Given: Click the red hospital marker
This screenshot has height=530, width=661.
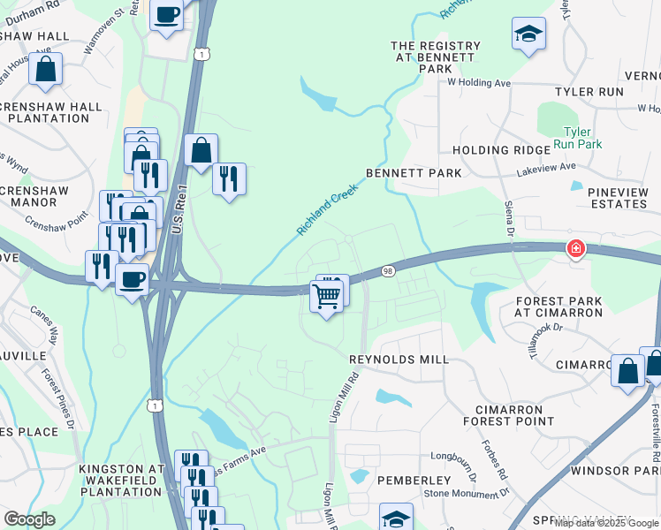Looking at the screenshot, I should pos(576,250).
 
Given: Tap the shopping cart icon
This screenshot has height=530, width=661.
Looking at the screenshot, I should pos(326,296).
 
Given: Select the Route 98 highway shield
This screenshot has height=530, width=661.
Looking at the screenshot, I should pos(388,271).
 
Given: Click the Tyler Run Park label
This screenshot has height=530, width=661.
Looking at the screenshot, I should pos(577,137).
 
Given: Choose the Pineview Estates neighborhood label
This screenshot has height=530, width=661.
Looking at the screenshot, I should pos(610,197).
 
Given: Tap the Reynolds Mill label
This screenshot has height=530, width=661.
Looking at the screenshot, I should pos(399,360).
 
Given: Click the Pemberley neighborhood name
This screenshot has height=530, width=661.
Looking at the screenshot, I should pos(414,480).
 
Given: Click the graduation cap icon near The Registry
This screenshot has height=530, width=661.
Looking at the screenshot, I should pos(528,34).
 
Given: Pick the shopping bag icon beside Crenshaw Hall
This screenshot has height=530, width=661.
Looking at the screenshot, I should pos(45,69).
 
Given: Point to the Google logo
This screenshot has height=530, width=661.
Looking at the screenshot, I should pos(29,519).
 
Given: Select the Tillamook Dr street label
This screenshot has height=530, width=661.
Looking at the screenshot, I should pos(545,339).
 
